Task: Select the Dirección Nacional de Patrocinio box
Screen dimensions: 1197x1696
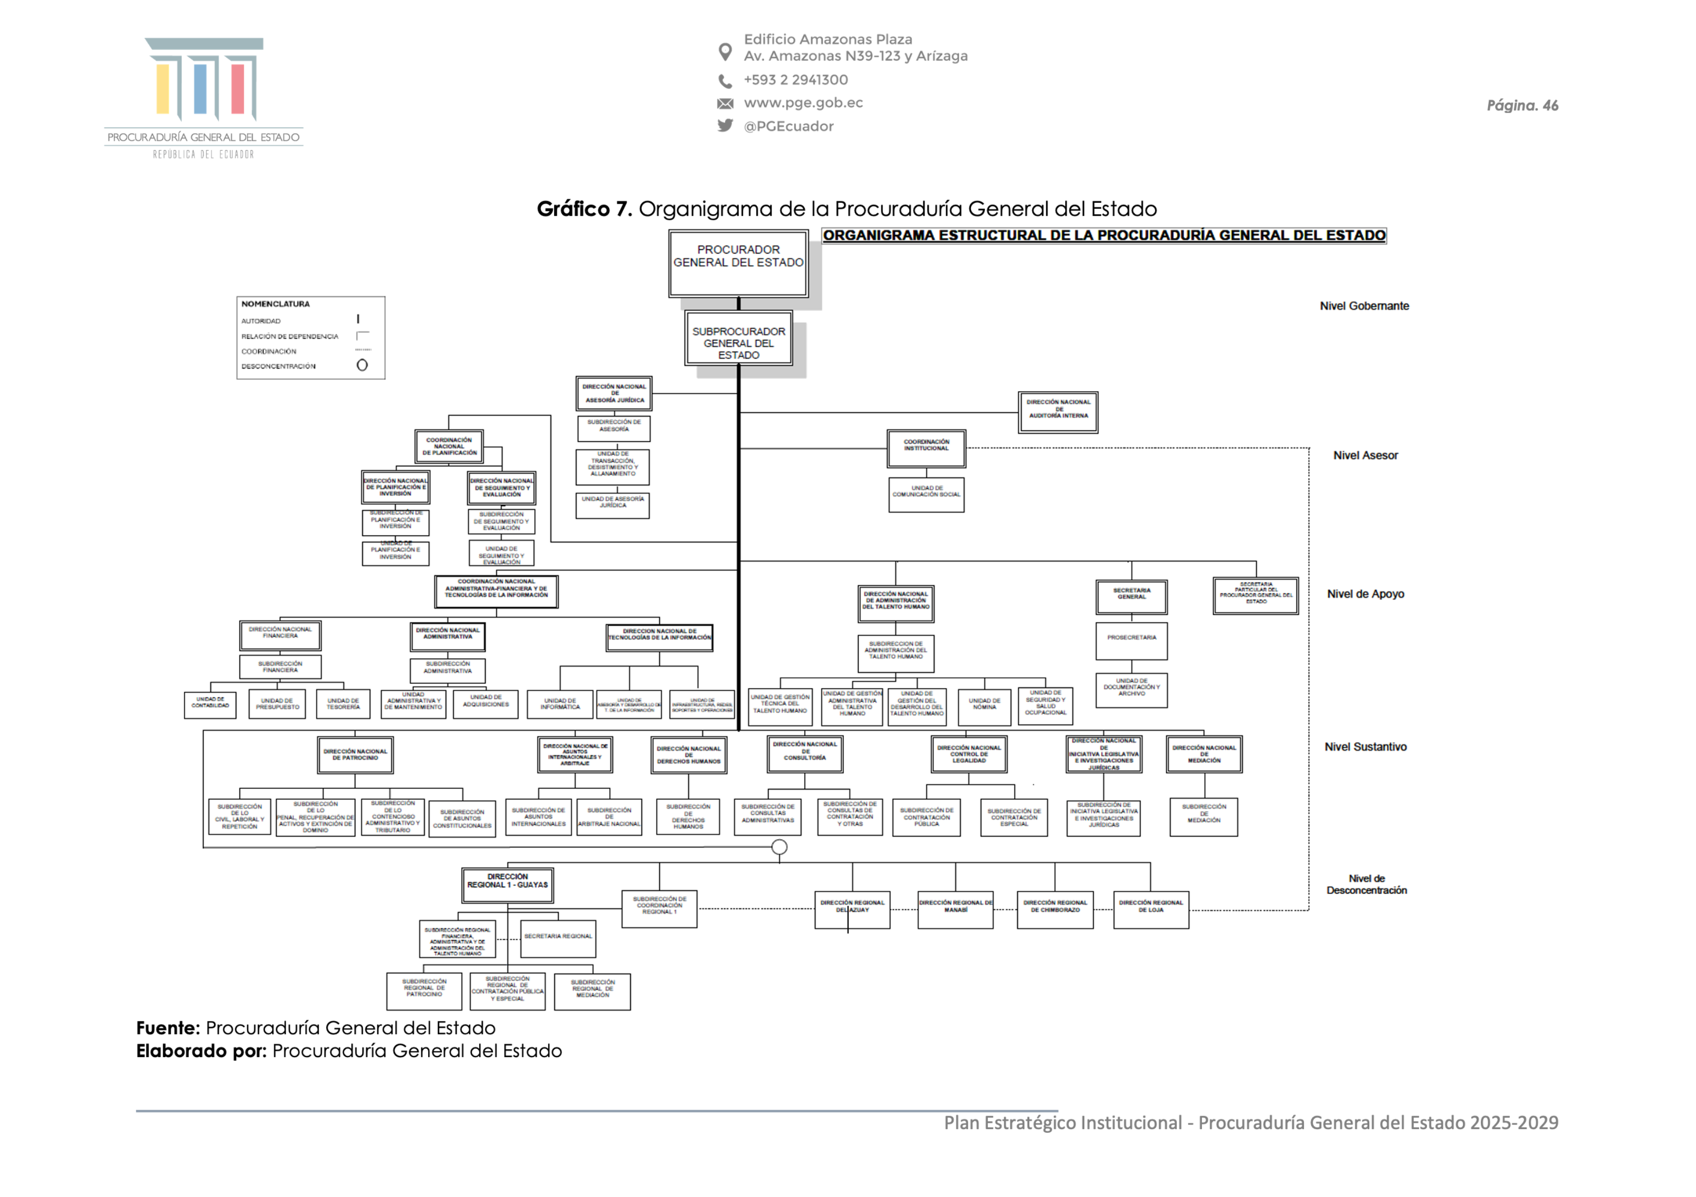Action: [355, 754]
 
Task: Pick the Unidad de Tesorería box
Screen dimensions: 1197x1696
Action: [343, 703]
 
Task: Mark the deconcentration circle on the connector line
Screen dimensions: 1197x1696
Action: [779, 847]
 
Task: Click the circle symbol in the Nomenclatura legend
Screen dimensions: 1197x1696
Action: [362, 365]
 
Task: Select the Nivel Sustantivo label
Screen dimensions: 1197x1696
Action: [1365, 747]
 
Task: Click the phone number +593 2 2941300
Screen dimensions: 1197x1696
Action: [796, 80]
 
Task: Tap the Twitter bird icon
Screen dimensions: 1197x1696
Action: [726, 125]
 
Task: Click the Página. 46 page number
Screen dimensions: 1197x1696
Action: [1522, 105]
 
